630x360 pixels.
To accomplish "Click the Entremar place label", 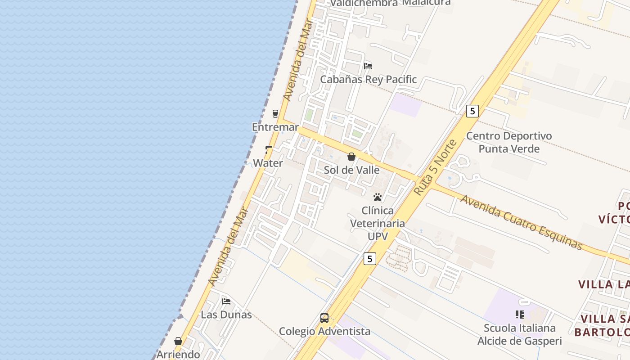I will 275,127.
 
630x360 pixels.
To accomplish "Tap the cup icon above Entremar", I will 275,113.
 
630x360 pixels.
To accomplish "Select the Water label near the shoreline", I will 268,163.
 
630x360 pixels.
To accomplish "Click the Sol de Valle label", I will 351,170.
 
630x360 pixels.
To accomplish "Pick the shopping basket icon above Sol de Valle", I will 351,157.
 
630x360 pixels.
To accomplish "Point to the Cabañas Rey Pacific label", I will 368,80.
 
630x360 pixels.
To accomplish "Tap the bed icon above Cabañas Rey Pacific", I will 368,66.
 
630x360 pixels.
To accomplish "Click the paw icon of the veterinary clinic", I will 378,197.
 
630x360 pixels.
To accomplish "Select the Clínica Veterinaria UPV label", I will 378,223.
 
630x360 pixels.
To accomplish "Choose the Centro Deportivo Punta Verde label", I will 509,142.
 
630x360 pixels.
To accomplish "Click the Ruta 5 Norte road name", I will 435,167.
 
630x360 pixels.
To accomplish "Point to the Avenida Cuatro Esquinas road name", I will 521,222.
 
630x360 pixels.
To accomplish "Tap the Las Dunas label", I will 226,315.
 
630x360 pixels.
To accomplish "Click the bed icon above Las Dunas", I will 226,301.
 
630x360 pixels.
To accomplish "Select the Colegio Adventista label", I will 324,332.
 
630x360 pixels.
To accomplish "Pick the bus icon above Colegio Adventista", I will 324,318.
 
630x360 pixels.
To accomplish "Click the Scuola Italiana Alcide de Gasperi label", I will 520,334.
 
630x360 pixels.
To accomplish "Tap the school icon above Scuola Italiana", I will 520,315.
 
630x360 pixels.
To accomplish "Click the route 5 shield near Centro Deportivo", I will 472,111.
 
